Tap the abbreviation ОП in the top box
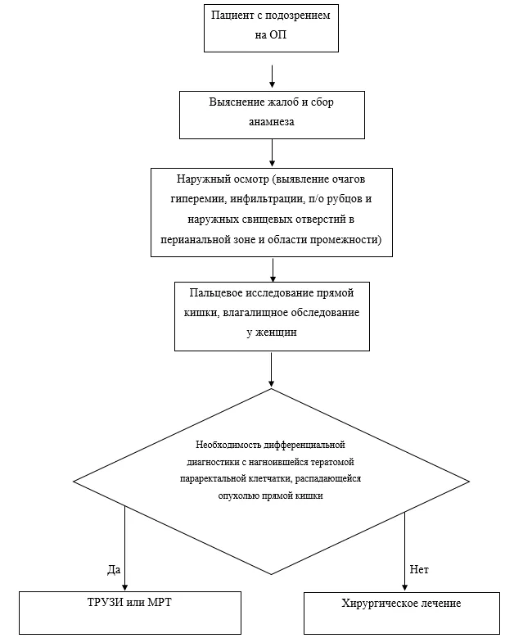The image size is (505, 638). pos(278,34)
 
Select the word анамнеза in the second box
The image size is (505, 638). pos(272,122)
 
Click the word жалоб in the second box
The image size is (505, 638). pos(282,102)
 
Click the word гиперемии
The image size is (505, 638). pos(198,199)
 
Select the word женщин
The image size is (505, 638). pos(276,333)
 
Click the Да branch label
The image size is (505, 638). pos(114,570)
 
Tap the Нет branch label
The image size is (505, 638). pos(419,569)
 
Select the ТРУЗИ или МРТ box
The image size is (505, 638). pos(130,613)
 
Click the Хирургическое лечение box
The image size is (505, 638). pos(402,613)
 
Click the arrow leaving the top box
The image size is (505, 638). pos(272,75)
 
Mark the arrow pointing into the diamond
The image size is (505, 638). pos(271,369)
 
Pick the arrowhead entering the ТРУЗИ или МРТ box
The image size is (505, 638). pos(125,587)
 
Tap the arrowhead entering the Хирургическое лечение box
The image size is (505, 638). pos(404,587)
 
